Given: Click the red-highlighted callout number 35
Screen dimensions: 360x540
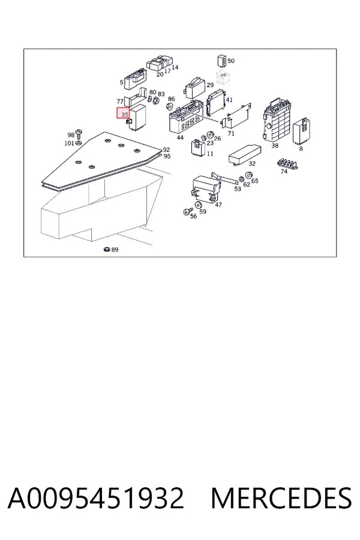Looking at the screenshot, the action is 124,115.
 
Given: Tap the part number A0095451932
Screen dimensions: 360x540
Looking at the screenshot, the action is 96,498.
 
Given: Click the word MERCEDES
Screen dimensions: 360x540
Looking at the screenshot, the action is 281,498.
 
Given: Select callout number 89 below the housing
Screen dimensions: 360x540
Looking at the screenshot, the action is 115,250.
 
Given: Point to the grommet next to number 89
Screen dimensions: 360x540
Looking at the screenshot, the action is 106,250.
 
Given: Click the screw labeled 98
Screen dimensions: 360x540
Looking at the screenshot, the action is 79,134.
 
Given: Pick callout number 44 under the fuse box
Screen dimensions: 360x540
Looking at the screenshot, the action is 180,138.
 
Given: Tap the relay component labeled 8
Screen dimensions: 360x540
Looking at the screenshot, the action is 303,131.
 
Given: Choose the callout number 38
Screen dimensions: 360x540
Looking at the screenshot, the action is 275,146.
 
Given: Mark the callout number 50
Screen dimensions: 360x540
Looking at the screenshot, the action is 231,61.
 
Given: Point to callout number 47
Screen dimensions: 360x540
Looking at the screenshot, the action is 218,205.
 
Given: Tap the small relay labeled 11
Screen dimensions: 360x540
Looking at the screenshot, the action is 199,148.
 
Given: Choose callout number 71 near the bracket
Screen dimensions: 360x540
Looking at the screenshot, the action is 231,133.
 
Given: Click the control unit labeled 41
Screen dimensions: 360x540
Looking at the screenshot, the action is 216,102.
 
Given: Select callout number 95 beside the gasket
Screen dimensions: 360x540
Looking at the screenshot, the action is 167,157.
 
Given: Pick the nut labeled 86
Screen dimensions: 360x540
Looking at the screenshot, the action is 170,106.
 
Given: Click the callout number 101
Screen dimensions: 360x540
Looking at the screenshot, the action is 69,143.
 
